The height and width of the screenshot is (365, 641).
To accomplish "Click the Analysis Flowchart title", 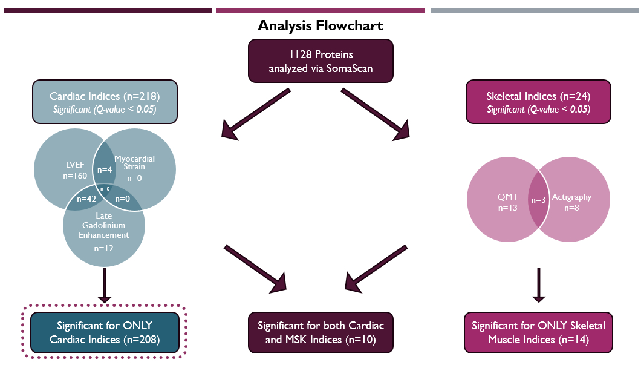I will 320,26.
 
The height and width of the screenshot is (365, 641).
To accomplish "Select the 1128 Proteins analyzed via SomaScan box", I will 320,61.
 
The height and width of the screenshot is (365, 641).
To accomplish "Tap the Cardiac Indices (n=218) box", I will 105,102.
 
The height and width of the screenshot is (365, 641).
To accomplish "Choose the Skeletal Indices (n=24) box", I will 538,102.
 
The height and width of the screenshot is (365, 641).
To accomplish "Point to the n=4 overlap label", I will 106,170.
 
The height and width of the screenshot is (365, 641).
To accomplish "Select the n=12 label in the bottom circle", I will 104,248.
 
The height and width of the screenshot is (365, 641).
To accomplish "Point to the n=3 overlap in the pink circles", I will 538,200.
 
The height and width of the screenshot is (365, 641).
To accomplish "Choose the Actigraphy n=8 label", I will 571,202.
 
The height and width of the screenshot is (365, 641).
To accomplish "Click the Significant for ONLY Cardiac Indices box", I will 105,332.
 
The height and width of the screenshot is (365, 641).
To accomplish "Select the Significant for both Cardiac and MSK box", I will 320,332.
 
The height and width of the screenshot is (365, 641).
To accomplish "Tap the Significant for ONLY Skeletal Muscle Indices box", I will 538,332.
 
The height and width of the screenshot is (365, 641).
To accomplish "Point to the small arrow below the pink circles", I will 538,284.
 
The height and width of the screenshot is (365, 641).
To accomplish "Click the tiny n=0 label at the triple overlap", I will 105,189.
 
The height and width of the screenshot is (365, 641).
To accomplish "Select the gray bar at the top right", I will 534,10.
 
